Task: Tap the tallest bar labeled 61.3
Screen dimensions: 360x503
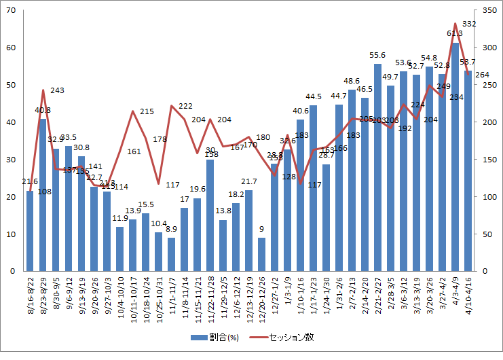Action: (x=455, y=157)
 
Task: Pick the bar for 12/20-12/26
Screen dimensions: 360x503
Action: (x=262, y=255)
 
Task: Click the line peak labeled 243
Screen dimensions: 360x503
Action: (x=43, y=90)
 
